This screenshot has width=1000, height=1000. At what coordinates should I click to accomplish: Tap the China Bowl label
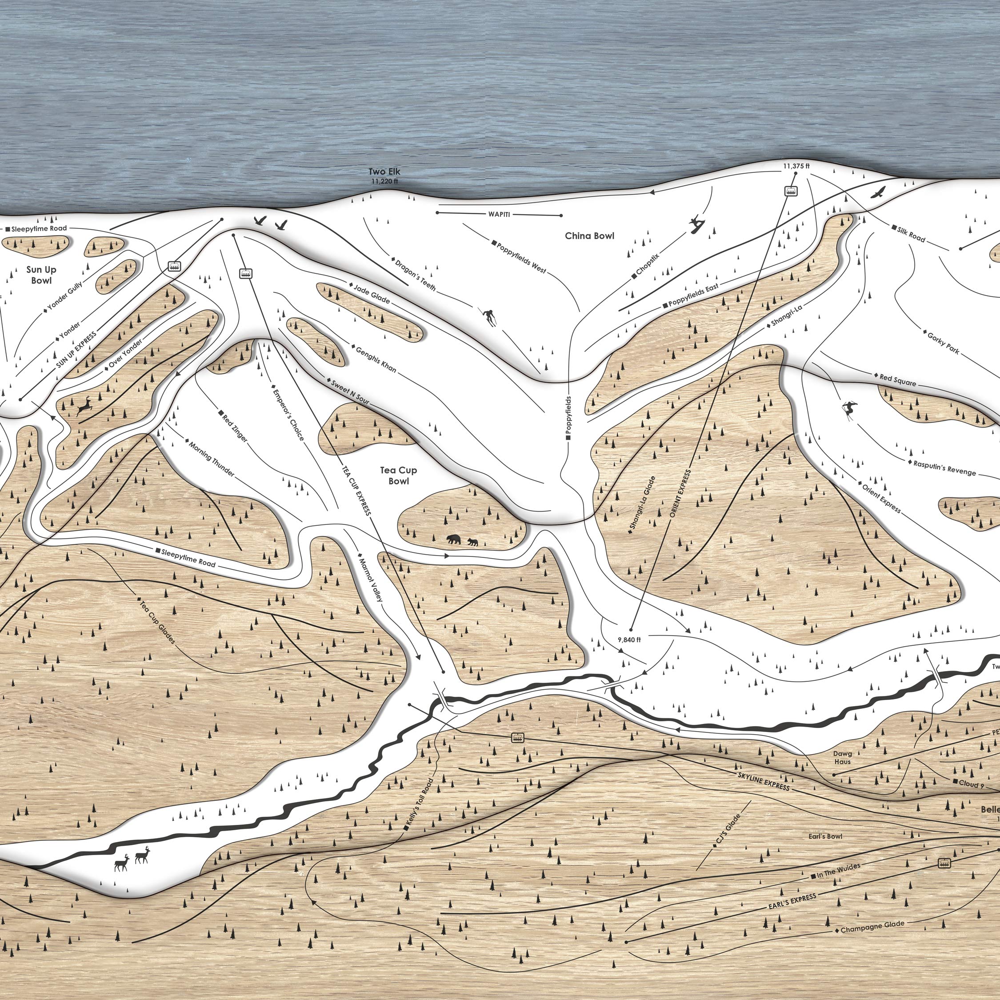tap(589, 236)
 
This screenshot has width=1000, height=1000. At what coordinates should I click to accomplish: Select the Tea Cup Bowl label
tap(398, 475)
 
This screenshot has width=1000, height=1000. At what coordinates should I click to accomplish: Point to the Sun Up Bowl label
tap(41, 275)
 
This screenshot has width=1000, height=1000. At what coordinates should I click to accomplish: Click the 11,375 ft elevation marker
tap(796, 166)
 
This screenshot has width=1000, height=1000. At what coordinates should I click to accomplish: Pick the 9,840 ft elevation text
tap(629, 640)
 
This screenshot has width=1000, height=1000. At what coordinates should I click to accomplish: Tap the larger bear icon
tap(454, 540)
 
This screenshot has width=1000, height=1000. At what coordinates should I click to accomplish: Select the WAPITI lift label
tap(499, 214)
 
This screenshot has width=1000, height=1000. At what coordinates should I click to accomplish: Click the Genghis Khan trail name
tap(376, 359)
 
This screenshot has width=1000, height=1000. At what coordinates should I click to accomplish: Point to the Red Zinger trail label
tap(235, 427)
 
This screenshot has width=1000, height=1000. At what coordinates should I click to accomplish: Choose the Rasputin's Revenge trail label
tap(944, 468)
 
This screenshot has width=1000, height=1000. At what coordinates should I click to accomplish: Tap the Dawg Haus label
tap(842, 758)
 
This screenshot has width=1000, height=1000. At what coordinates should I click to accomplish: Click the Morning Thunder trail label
tap(211, 459)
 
